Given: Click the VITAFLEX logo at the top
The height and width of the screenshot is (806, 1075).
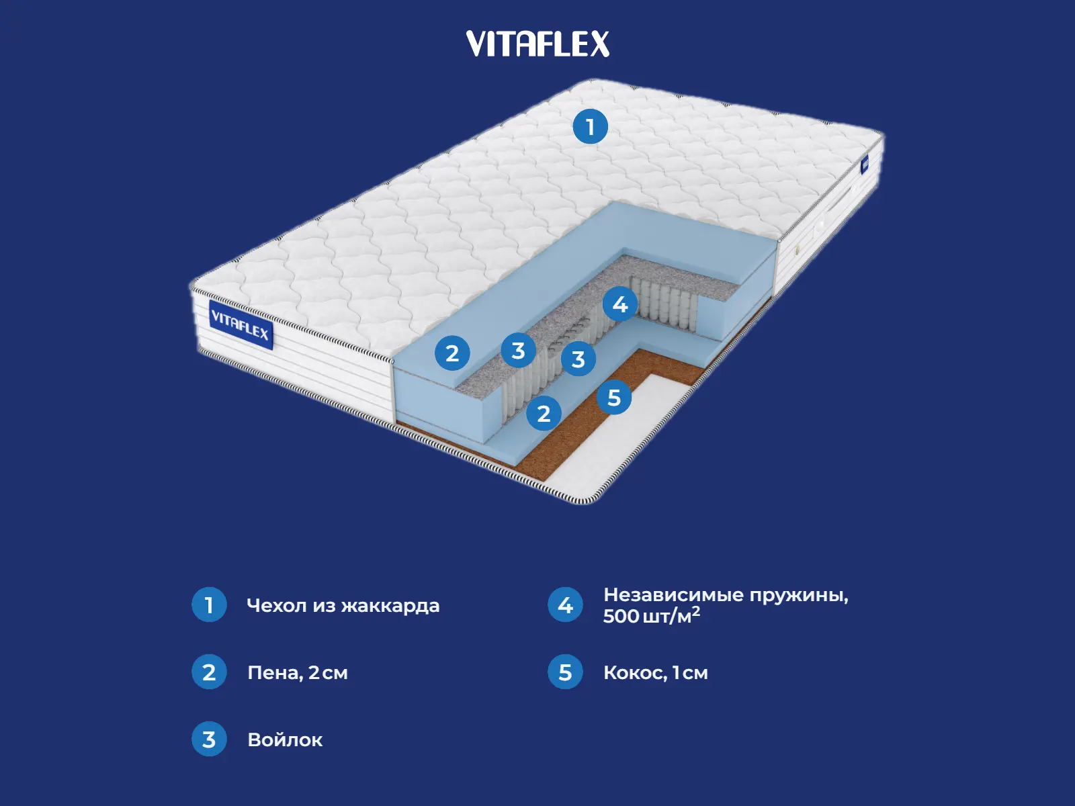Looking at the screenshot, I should click(537, 44).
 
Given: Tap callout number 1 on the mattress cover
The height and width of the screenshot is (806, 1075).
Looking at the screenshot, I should click(590, 126).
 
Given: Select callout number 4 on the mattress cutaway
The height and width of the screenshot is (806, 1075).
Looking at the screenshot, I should click(619, 304).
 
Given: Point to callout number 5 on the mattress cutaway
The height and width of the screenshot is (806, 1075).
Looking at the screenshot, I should click(614, 397).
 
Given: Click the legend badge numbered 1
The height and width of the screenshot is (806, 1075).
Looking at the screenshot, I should click(209, 604).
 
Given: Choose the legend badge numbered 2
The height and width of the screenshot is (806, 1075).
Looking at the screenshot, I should click(209, 672).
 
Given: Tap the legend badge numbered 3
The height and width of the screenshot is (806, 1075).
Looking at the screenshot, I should click(209, 739).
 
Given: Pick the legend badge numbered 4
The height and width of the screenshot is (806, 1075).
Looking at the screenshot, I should click(565, 604).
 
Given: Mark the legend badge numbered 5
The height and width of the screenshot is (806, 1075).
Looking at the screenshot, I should click(565, 672).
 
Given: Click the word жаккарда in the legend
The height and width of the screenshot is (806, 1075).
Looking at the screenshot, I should click(390, 606).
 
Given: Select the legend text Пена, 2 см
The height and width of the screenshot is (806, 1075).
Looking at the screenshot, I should click(298, 672).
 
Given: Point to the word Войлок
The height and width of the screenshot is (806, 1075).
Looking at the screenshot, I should click(285, 740).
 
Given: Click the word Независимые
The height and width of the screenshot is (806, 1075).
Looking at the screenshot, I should click(673, 595).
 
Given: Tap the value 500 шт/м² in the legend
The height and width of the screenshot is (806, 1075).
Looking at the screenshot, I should click(651, 615).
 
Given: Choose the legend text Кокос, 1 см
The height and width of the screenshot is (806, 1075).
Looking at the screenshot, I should click(655, 672).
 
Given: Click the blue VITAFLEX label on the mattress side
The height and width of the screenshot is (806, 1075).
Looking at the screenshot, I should click(240, 325).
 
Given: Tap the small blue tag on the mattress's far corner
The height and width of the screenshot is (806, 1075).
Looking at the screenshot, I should click(865, 163).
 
